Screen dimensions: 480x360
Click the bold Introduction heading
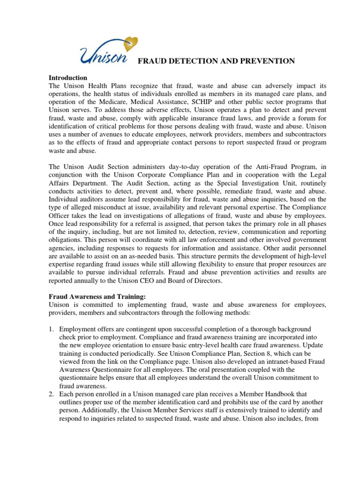pyautogui.click(x=68, y=78)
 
